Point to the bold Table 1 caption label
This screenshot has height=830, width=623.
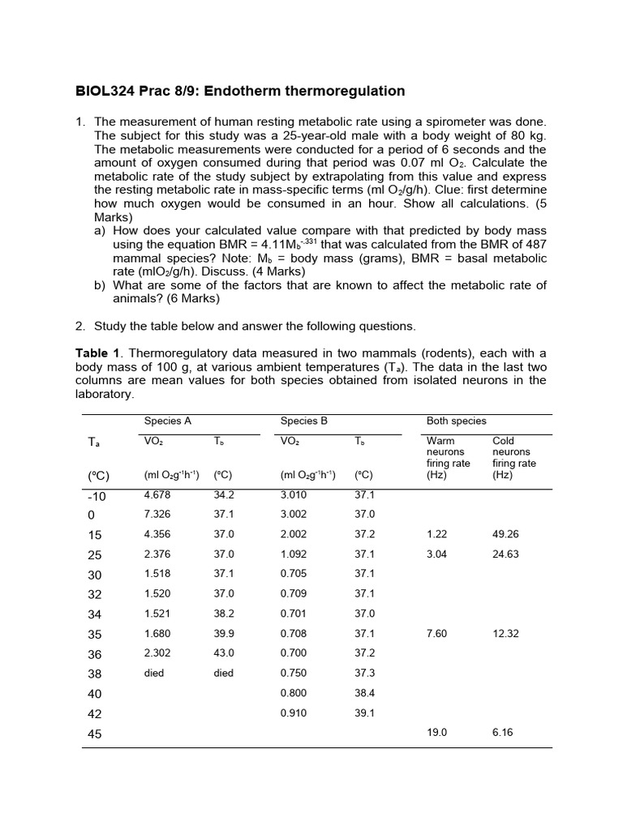coord(97,353)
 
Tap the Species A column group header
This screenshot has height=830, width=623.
coord(167,421)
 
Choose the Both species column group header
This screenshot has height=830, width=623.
coord(456,421)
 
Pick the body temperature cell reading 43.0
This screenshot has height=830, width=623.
coord(224,653)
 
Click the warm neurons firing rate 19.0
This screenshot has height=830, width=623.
coord(436,732)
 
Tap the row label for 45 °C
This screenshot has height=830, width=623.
coord(94,734)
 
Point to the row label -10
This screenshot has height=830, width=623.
coord(96,496)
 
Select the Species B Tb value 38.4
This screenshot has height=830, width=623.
coord(364,693)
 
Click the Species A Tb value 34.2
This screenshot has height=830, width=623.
coord(224,494)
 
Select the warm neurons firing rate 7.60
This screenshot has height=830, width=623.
coord(436,634)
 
